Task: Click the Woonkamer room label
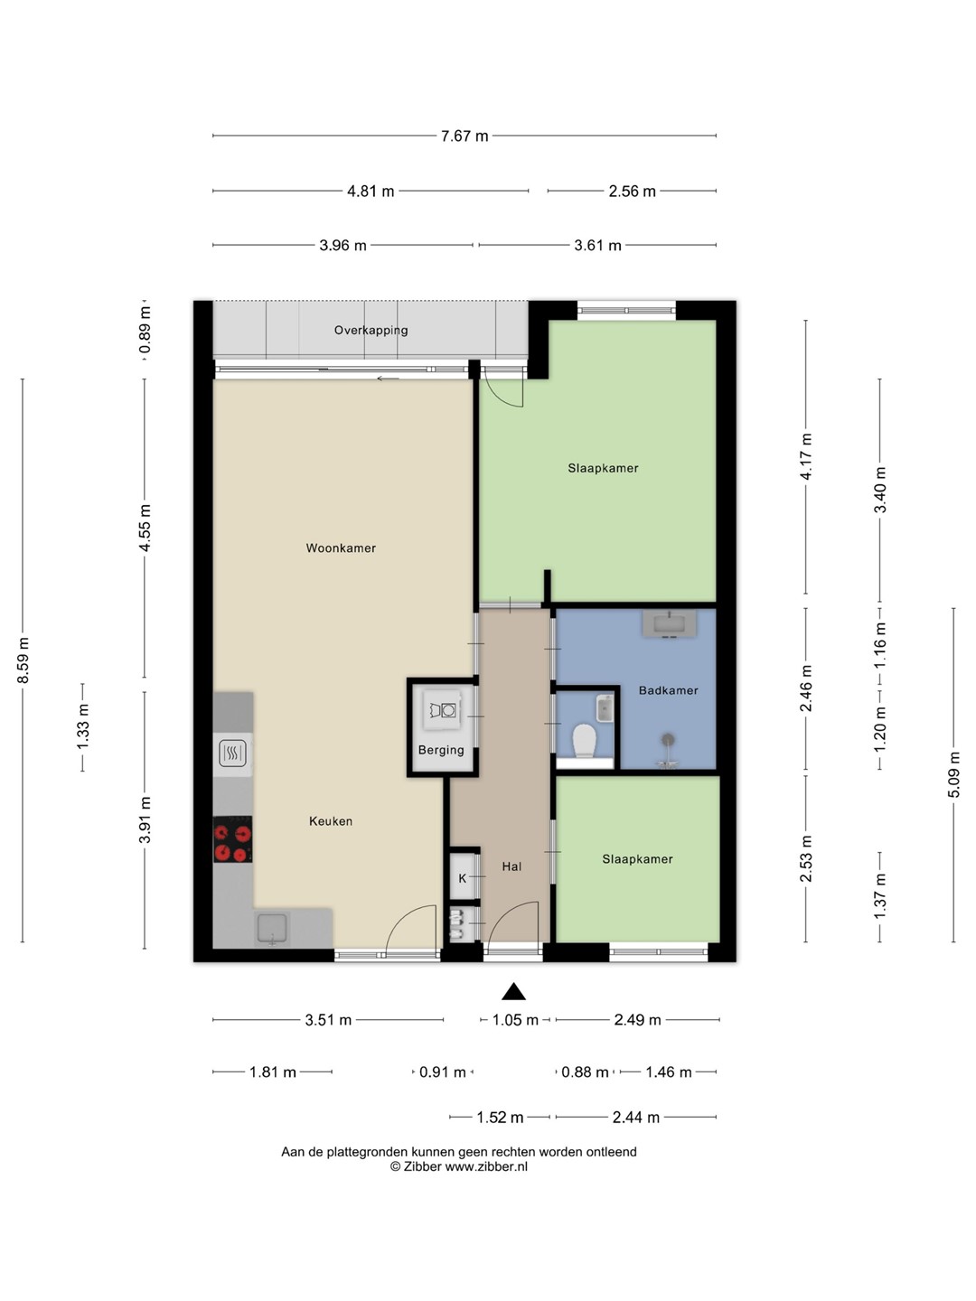(341, 548)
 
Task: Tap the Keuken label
(331, 821)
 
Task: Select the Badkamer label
(668, 690)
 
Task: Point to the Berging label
(441, 751)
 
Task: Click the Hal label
(511, 866)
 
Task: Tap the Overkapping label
(371, 331)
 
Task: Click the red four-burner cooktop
(233, 839)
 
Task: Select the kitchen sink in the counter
(272, 928)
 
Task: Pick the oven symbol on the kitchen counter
(231, 753)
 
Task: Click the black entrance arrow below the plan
(514, 992)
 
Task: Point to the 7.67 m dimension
(465, 136)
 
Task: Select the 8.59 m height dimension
(23, 660)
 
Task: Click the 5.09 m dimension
(953, 774)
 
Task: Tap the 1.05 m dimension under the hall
(515, 1020)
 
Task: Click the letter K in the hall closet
(463, 878)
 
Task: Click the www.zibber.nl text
(486, 1166)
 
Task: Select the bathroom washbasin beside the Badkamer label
(671, 624)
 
